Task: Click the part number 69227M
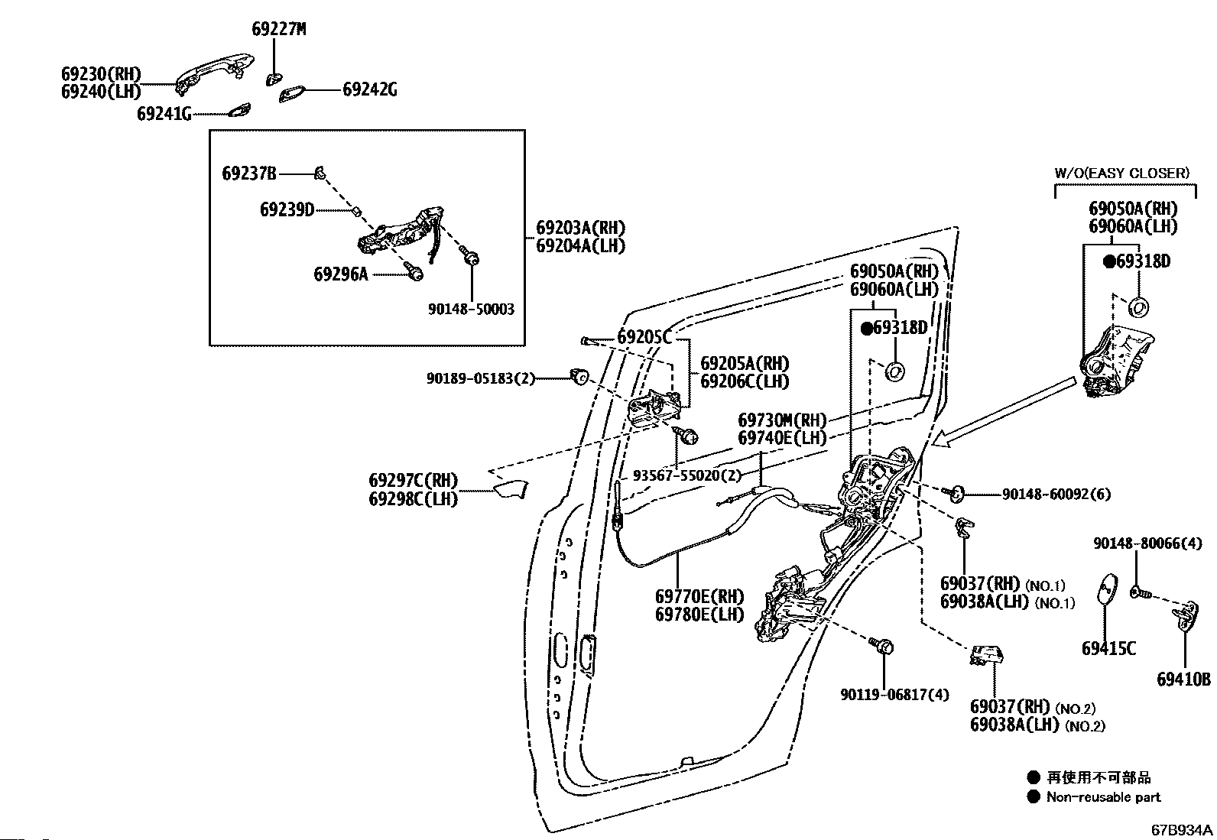(278, 29)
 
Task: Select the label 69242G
(369, 89)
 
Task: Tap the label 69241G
(164, 114)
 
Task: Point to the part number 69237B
(249, 174)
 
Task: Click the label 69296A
(340, 273)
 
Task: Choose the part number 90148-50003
(471, 310)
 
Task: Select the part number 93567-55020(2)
(687, 475)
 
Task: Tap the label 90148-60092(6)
(1056, 494)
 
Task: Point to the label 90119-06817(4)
(894, 694)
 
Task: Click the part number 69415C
(1108, 649)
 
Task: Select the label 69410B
(1183, 679)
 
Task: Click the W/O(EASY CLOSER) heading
(1121, 173)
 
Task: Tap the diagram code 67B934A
(1182, 829)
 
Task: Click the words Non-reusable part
(1103, 797)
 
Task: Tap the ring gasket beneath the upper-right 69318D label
(1137, 307)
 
